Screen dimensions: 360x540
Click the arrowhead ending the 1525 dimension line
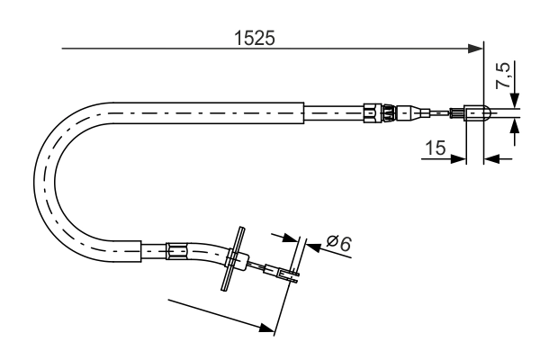(478, 49)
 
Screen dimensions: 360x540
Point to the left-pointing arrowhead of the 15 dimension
(491, 160)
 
